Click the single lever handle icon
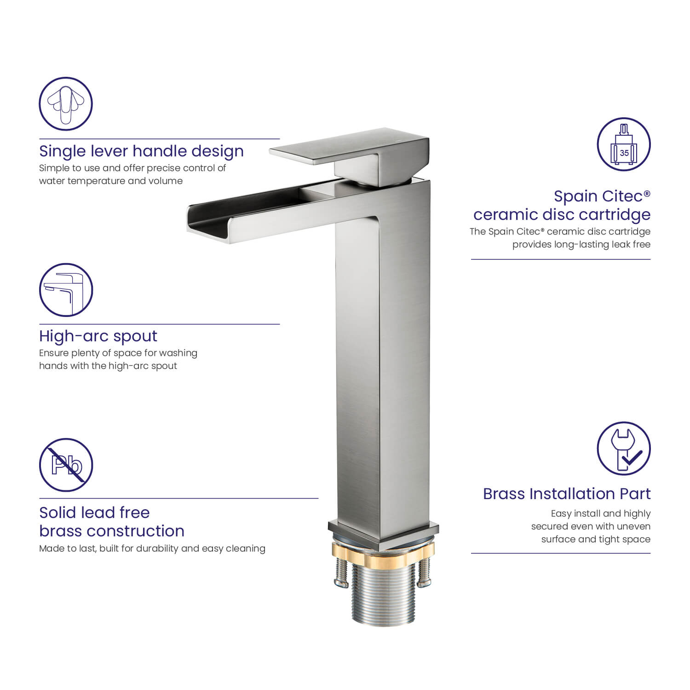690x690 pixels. pyautogui.click(x=66, y=103)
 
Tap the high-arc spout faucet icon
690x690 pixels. pyautogui.click(x=66, y=290)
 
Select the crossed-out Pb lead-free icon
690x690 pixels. pyautogui.click(x=66, y=465)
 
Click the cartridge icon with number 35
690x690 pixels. pyautogui.click(x=624, y=144)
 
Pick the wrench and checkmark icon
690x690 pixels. pyautogui.click(x=624, y=448)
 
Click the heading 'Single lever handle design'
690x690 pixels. pyautogui.click(x=141, y=151)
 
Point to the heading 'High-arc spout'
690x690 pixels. pyautogui.click(x=98, y=336)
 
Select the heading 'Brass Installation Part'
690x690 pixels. pyautogui.click(x=567, y=494)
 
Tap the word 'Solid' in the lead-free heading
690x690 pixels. pyautogui.click(x=60, y=512)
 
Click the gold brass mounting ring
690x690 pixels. pyautogui.click(x=383, y=552)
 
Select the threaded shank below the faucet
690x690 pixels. pyautogui.click(x=383, y=593)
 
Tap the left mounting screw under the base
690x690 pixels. pyautogui.click(x=340, y=573)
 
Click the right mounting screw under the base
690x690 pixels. pyautogui.click(x=424, y=573)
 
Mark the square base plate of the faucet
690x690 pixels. pyautogui.click(x=383, y=534)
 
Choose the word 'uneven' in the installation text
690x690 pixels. pyautogui.click(x=636, y=527)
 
